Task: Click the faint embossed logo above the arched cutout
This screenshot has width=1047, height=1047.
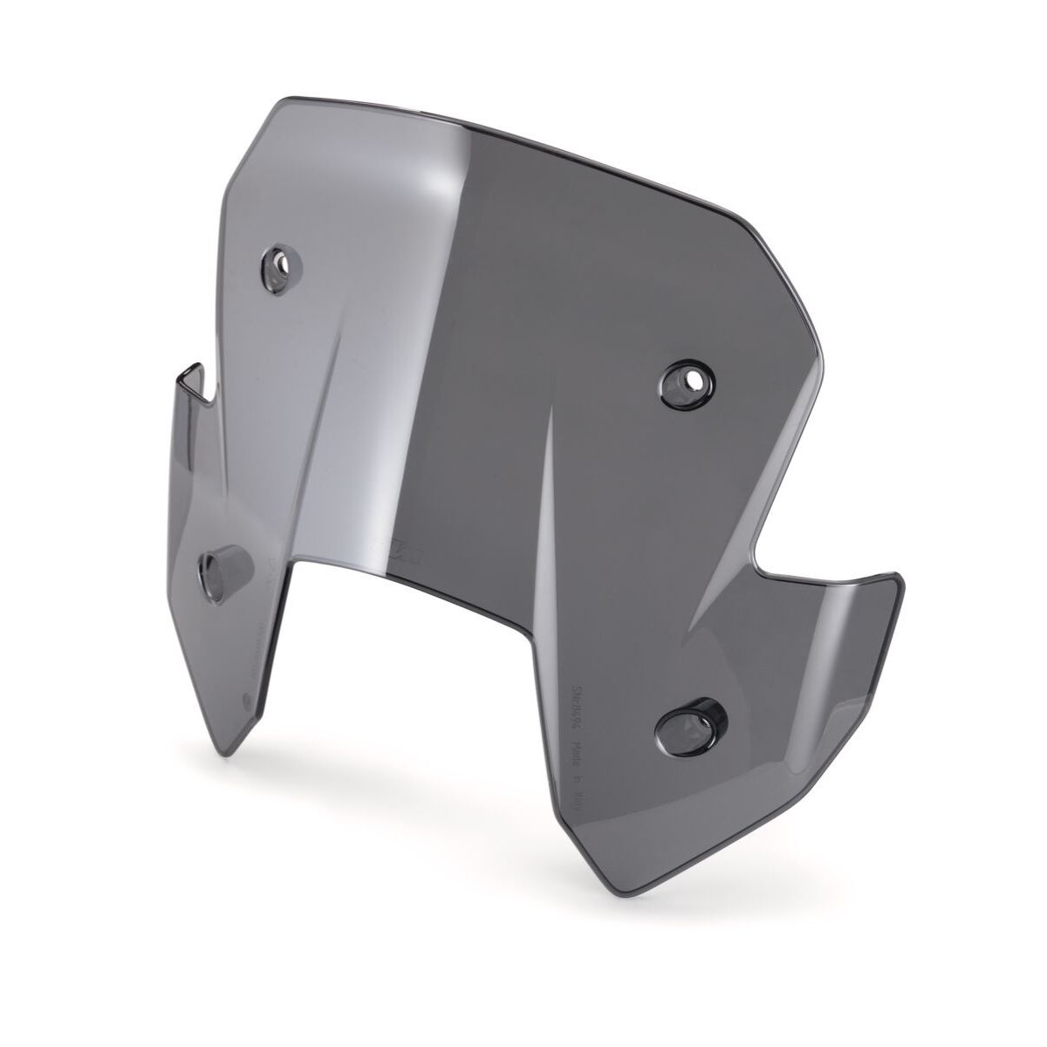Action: [394, 548]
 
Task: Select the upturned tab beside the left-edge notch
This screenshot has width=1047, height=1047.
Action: [190, 384]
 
